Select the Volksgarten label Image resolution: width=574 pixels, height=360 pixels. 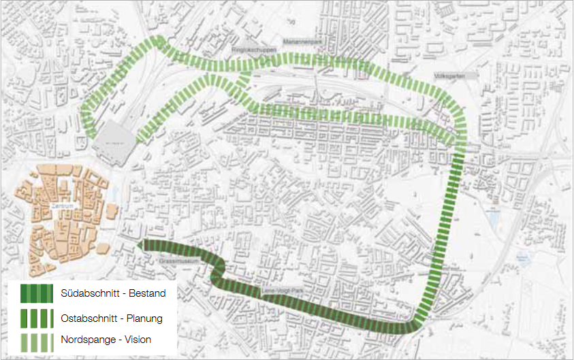(451, 77)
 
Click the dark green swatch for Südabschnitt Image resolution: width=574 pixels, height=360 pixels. (37, 294)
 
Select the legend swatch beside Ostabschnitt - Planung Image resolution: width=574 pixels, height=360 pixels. (37, 317)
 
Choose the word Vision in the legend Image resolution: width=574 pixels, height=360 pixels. (137, 339)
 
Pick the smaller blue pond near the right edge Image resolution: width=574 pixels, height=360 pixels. (522, 257)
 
